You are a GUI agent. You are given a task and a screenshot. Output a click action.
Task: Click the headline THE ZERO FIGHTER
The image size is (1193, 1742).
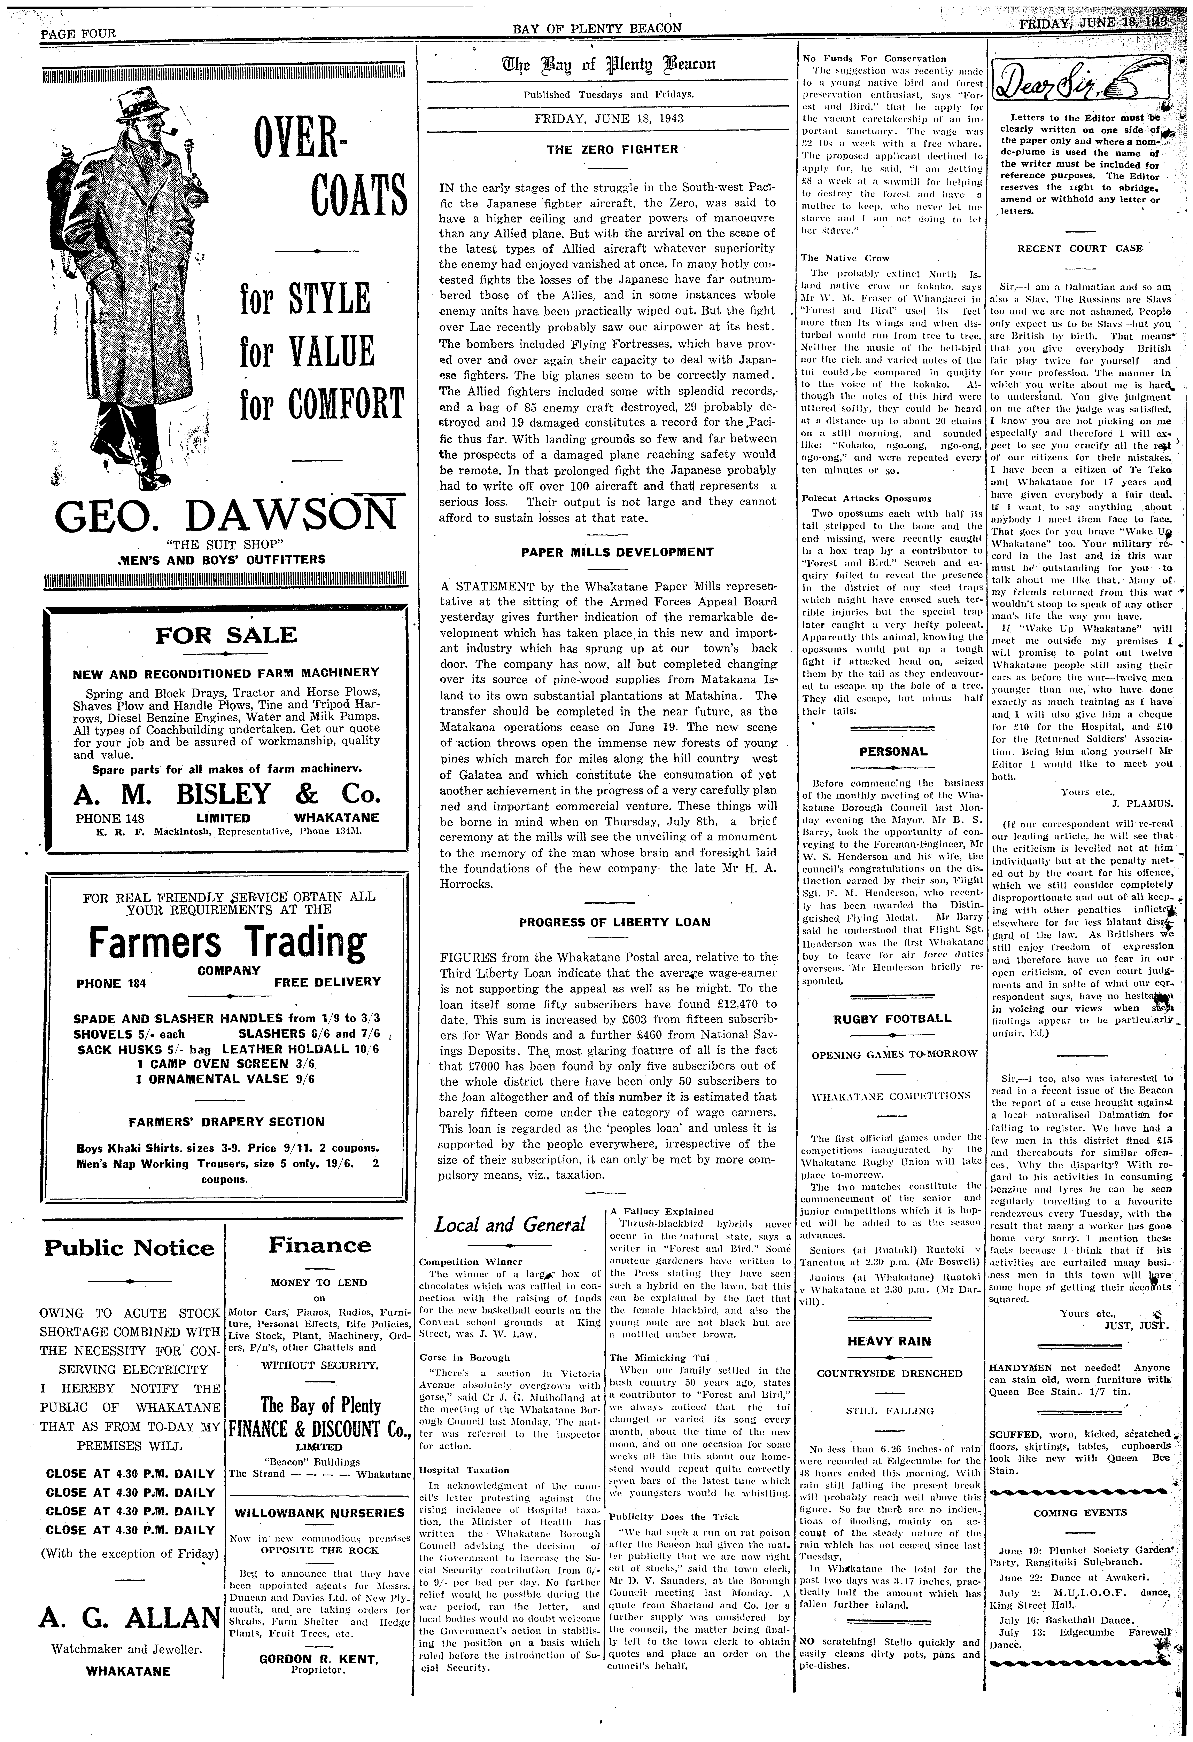pyautogui.click(x=612, y=149)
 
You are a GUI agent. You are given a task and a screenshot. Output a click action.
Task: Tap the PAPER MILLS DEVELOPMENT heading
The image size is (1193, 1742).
pyautogui.click(x=616, y=552)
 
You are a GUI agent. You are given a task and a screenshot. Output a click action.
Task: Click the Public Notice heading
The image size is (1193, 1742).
pyautogui.click(x=129, y=1248)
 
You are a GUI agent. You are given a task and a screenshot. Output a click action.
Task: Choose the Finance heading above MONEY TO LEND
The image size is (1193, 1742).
pyautogui.click(x=319, y=1245)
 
